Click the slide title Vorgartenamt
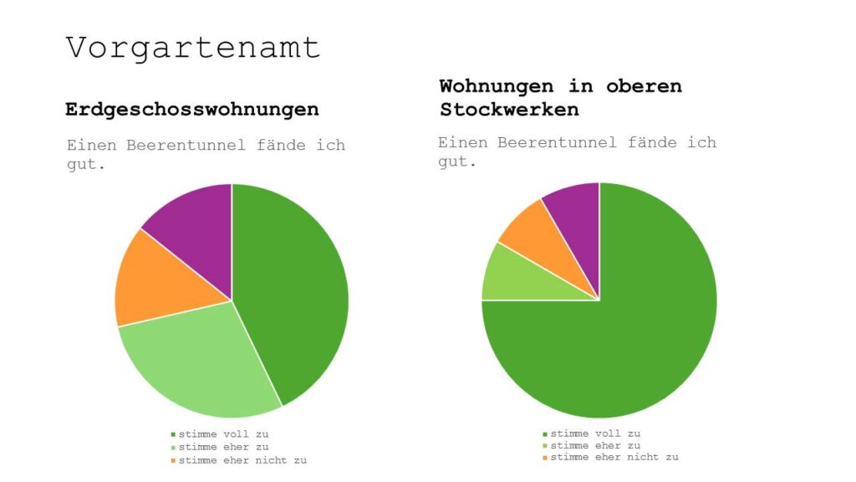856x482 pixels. [x=193, y=48]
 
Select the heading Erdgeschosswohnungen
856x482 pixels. [x=191, y=110]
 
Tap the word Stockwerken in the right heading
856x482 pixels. [x=509, y=110]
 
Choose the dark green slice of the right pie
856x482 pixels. [x=619, y=335]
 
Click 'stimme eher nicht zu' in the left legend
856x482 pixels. [x=242, y=460]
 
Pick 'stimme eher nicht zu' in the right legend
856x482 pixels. [x=614, y=457]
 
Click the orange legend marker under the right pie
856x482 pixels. [x=546, y=457]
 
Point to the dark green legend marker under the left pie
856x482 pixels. [x=174, y=434]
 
